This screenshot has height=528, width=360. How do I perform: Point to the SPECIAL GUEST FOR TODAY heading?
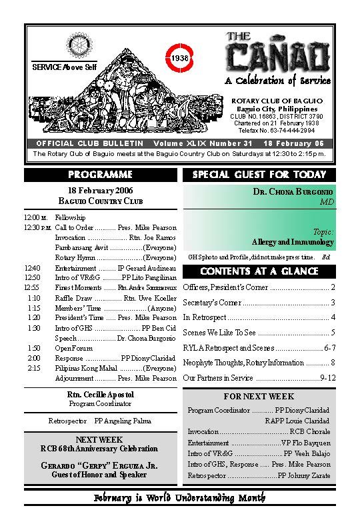[x=259, y=175]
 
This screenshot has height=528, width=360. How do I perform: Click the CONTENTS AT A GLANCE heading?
[x=259, y=272]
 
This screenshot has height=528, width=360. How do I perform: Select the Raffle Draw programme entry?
[x=74, y=298]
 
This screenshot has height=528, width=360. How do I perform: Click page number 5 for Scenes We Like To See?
[x=333, y=333]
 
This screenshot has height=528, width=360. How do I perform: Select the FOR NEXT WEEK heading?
[x=259, y=397]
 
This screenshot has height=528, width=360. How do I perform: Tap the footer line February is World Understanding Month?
[x=179, y=498]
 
